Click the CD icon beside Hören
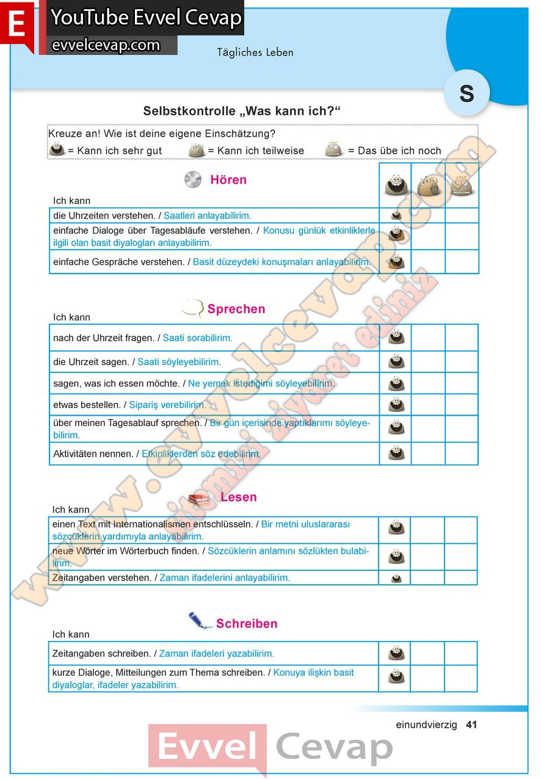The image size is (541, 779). point(192,179)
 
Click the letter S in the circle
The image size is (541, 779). point(467,93)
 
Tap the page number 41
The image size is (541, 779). point(471,725)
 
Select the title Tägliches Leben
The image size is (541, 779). point(255,53)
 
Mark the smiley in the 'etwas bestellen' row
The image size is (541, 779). point(396,405)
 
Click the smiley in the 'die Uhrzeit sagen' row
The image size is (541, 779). point(396,361)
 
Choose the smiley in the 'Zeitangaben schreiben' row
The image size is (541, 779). point(396,653)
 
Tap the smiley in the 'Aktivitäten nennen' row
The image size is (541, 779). point(396,453)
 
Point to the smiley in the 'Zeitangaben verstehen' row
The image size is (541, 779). point(396,578)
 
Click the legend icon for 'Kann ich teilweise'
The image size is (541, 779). point(196,150)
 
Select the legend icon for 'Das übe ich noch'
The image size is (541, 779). point(333,150)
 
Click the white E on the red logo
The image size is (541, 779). point(17,25)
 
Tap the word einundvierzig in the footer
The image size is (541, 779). point(426,725)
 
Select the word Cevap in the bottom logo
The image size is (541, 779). point(334,747)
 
